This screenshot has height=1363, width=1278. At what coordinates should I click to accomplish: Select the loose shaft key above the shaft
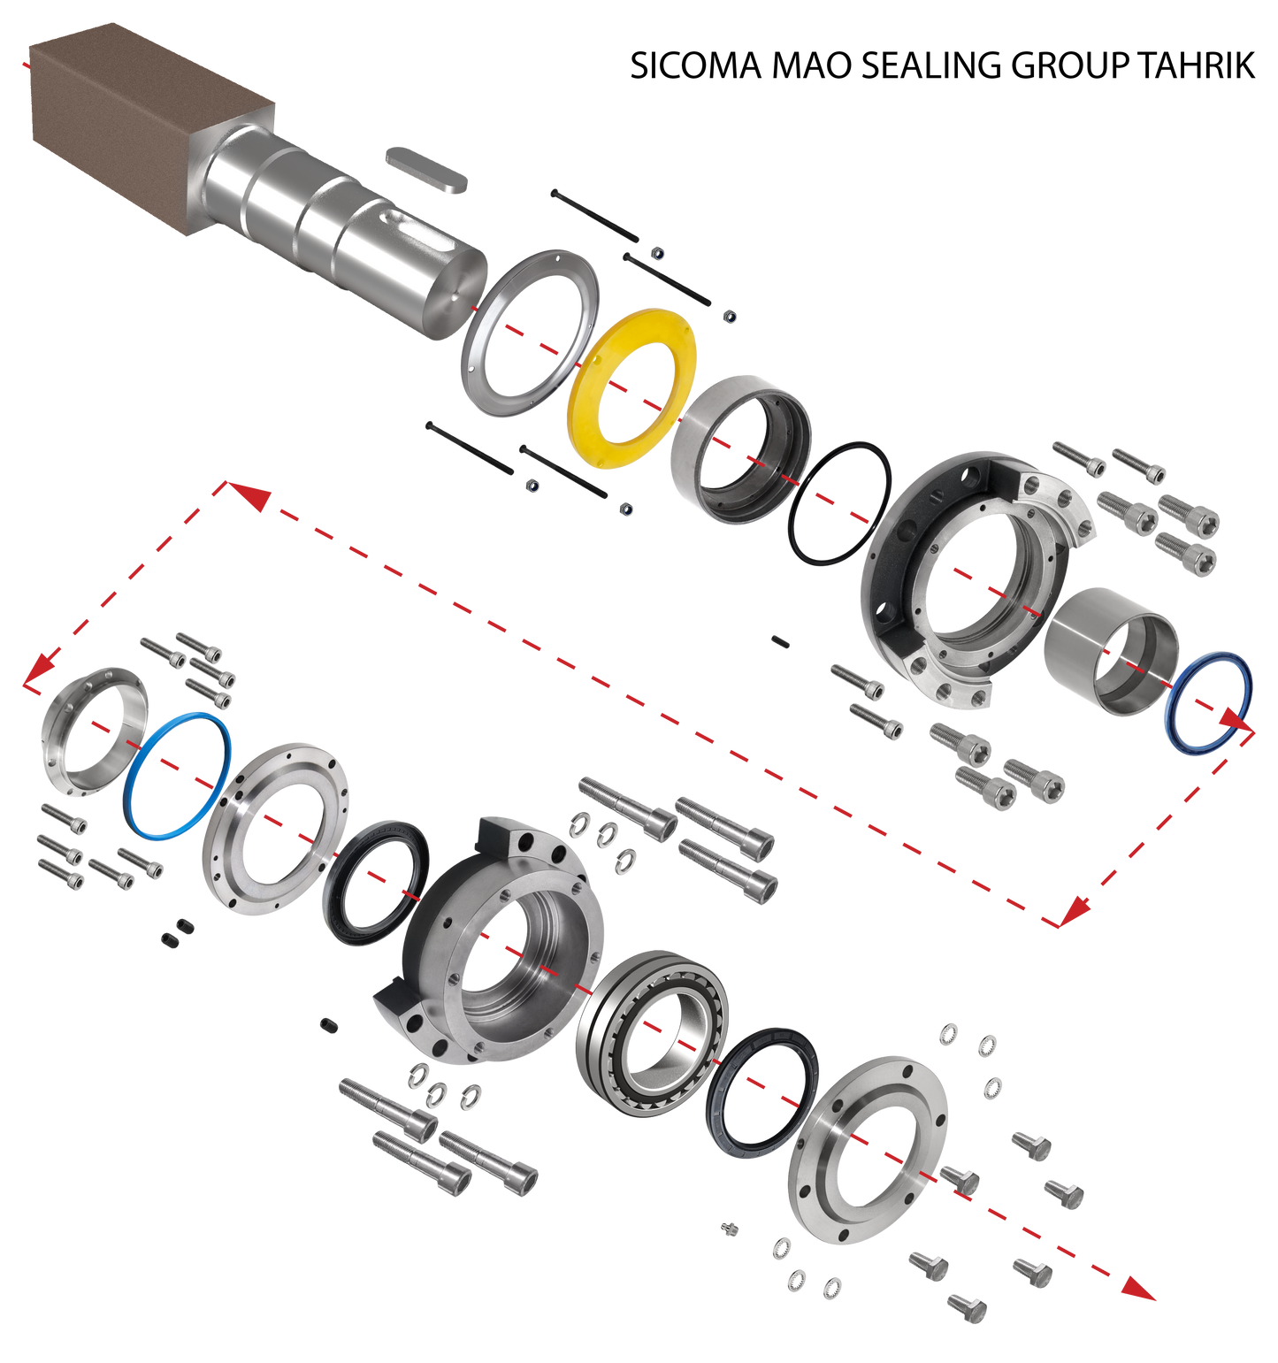[x=425, y=169]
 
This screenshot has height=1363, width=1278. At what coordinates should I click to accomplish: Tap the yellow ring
[x=593, y=416]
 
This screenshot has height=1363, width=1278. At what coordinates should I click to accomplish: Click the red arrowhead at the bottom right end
[x=1141, y=1291]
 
